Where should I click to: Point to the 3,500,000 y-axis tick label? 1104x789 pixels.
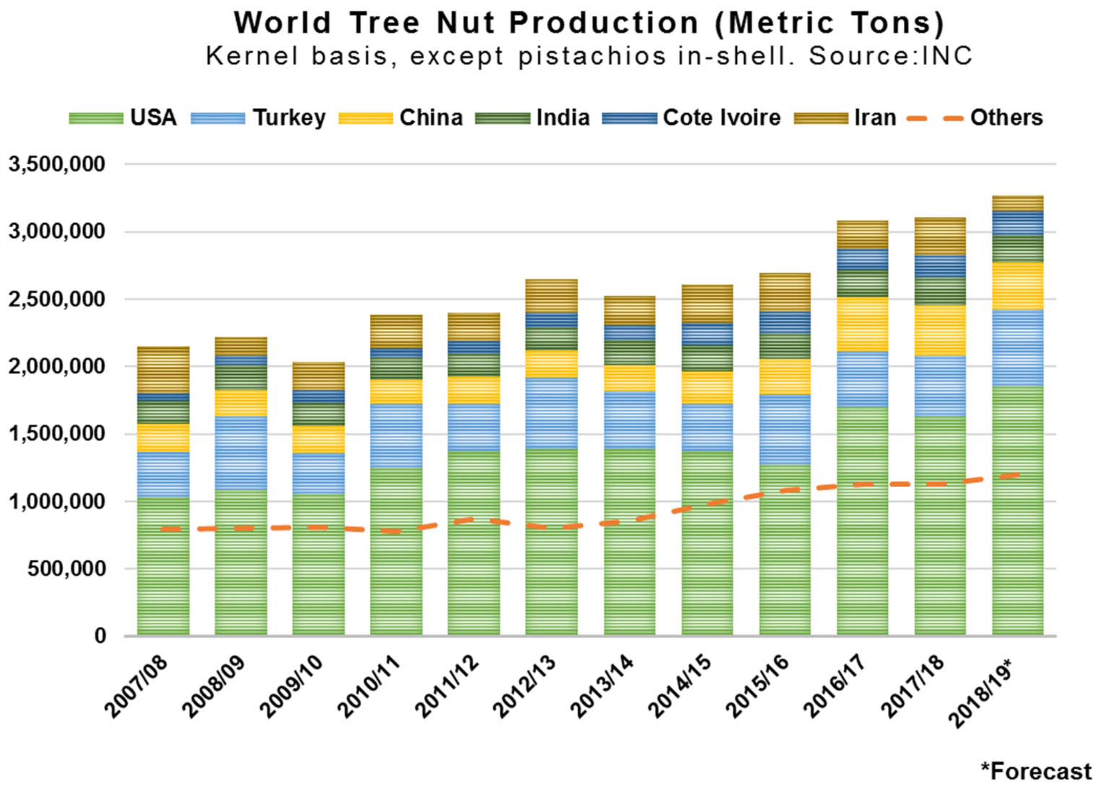coord(57,164)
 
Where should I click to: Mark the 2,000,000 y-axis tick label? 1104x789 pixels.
coord(57,366)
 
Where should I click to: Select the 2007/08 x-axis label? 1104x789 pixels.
coord(137,687)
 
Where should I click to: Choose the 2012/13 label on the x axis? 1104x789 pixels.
coord(525,687)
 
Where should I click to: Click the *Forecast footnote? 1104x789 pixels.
coord(1036,771)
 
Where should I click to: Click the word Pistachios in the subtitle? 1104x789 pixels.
coord(592,56)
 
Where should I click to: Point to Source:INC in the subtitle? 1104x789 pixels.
coord(890,56)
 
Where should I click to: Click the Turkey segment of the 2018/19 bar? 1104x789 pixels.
coord(1017,348)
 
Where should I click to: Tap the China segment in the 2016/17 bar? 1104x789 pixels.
coord(862,324)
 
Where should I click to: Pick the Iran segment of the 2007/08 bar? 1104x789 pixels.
coord(163,370)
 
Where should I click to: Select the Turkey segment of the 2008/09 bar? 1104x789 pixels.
coord(241,453)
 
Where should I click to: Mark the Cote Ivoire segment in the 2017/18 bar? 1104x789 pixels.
coord(940,266)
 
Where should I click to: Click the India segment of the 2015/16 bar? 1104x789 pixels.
coord(785,347)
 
